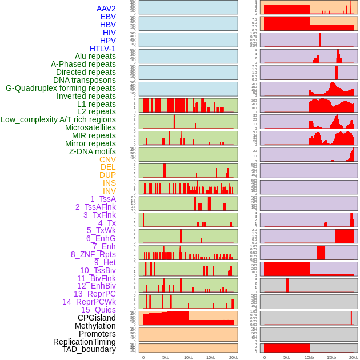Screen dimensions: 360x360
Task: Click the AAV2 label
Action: tap(106, 9)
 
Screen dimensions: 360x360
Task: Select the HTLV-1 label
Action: tap(103, 49)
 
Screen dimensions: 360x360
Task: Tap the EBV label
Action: tap(108, 17)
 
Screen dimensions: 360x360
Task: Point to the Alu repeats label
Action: tap(95, 57)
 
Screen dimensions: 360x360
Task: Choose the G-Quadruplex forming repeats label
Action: tap(61, 88)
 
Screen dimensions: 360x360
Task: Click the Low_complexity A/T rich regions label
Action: tap(58, 119)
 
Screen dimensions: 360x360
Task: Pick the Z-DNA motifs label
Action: tap(93, 151)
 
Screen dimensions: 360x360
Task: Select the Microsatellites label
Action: tap(90, 127)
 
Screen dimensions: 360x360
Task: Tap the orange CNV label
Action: tap(107, 159)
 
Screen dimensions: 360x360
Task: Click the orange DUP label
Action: tap(107, 175)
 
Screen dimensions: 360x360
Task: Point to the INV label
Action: tap(109, 191)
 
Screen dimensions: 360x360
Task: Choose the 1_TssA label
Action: tap(103, 199)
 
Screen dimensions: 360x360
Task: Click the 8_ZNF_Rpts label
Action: tap(93, 254)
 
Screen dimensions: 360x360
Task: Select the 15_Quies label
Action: tap(98, 310)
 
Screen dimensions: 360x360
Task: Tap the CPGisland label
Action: tap(97, 318)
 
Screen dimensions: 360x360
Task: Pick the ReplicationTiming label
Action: tap(85, 342)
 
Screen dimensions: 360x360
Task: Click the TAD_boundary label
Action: tap(89, 349)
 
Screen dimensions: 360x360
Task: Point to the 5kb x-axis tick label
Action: tap(166, 357)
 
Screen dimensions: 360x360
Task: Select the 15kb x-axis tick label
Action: tap(210, 357)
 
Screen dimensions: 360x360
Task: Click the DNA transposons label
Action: tap(85, 80)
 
